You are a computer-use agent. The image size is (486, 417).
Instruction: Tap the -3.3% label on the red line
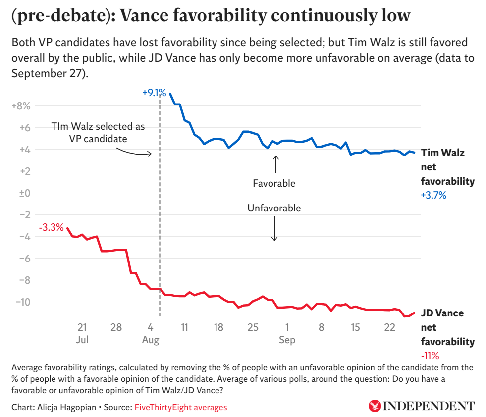tap(51, 228)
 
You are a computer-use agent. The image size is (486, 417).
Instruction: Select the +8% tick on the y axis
tap(21, 106)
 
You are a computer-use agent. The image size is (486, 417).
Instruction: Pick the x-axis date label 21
tap(82, 328)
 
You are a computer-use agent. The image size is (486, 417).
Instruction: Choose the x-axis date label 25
tap(253, 328)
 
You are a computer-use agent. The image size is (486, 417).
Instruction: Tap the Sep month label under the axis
tap(287, 340)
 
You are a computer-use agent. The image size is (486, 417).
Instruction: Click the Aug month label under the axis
tap(151, 340)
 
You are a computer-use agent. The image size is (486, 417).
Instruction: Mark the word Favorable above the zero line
tap(274, 183)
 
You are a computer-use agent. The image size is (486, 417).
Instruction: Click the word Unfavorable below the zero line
tap(274, 208)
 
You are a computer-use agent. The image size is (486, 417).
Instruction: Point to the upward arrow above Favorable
tap(276, 164)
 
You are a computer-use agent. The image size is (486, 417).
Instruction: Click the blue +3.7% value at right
tap(433, 195)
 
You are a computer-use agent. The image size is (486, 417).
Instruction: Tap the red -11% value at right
tap(430, 356)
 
